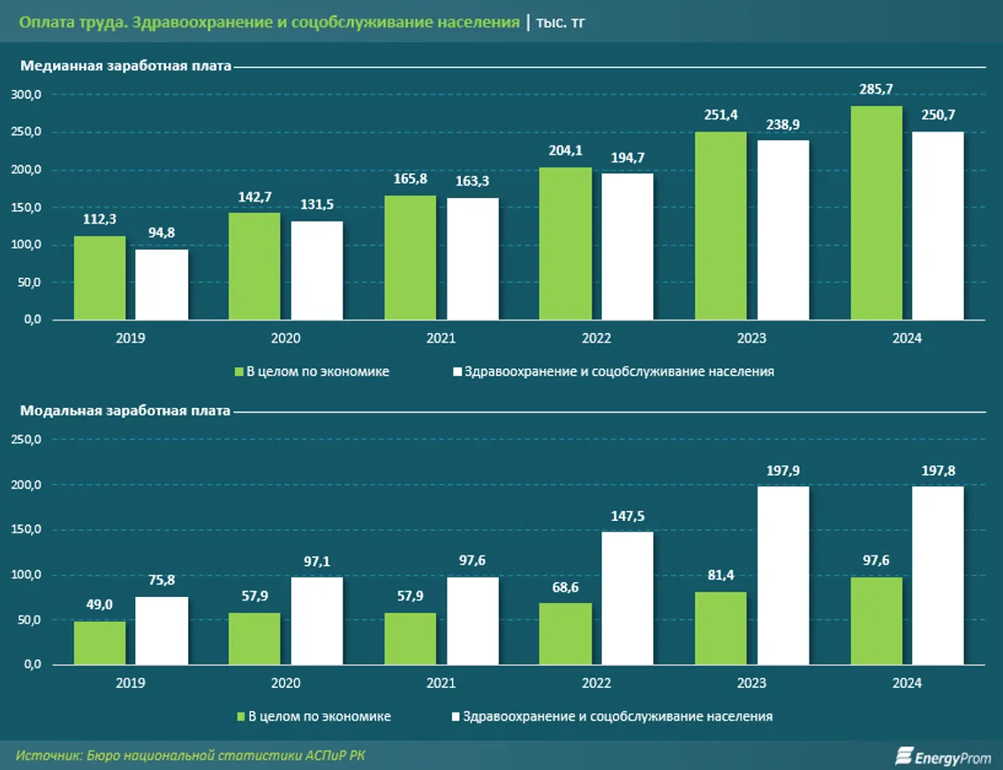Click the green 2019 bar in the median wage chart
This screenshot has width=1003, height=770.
[x=100, y=277]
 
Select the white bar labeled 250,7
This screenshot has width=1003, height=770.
[x=938, y=225]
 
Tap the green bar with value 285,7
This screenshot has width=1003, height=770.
[x=877, y=213]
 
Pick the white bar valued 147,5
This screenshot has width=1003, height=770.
[x=628, y=598]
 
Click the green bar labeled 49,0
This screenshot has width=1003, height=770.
[x=100, y=642]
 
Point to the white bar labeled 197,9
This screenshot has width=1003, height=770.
[x=783, y=575]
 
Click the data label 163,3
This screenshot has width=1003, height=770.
[x=472, y=180]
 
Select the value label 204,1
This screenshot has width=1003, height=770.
[x=566, y=149]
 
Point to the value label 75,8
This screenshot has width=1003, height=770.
[x=162, y=579]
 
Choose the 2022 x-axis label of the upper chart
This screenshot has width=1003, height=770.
[x=596, y=338]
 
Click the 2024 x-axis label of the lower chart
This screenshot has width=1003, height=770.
[x=907, y=683]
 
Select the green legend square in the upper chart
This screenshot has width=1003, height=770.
[x=238, y=372]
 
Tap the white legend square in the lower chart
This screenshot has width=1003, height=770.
[x=456, y=716]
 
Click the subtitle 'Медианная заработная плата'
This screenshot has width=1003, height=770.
[x=125, y=65]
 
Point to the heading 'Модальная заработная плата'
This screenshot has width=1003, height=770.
[x=125, y=410]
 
